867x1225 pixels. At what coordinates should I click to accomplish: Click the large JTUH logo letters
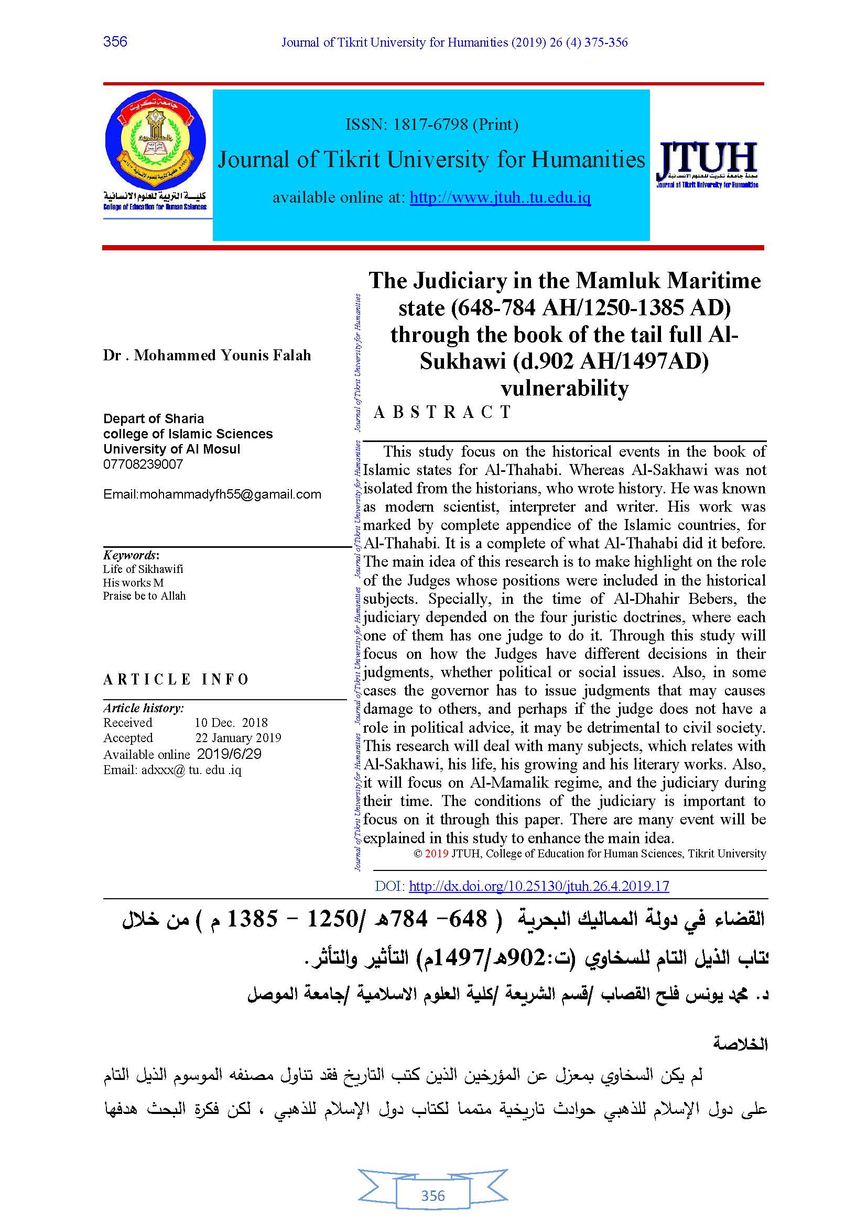[707, 159]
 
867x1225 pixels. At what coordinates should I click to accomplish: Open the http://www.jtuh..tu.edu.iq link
[500, 198]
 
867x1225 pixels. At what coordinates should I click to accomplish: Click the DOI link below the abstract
[539, 886]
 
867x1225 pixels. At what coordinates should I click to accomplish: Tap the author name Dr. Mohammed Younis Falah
[207, 355]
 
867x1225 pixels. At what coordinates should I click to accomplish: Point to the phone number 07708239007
[143, 464]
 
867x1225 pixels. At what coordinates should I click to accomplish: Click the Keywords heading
[131, 555]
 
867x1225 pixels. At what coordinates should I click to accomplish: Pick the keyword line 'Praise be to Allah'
[144, 596]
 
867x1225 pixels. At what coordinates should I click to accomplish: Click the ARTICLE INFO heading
[176, 679]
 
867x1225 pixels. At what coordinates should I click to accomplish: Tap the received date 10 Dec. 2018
[231, 722]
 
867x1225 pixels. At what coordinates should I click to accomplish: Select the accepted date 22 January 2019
[237, 738]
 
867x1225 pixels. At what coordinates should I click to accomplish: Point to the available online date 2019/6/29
[229, 754]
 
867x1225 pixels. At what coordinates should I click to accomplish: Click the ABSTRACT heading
[442, 412]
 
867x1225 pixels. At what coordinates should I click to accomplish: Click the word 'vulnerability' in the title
[565, 388]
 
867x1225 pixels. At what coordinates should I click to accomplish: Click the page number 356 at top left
[115, 41]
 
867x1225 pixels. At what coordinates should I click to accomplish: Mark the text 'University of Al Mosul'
[171, 449]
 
